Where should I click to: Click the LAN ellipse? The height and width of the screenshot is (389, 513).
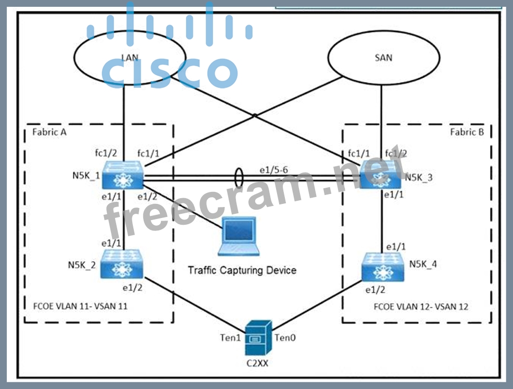pyautogui.click(x=130, y=58)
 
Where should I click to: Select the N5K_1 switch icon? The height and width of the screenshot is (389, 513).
pyautogui.click(x=123, y=175)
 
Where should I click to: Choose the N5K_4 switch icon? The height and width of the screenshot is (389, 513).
pyautogui.click(x=383, y=267)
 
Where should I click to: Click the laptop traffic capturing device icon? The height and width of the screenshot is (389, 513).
pyautogui.click(x=237, y=237)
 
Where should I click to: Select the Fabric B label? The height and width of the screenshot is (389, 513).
pyautogui.click(x=467, y=132)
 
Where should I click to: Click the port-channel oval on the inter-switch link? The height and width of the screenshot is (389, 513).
pyautogui.click(x=239, y=177)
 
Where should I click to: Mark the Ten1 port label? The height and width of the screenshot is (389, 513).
pyautogui.click(x=229, y=338)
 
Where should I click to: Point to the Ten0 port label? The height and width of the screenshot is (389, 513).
pyautogui.click(x=285, y=338)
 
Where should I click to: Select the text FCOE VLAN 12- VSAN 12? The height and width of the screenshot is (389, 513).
pyautogui.click(x=420, y=306)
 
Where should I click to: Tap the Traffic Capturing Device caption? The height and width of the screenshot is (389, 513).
pyautogui.click(x=242, y=270)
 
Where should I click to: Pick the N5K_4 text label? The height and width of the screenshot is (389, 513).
pyautogui.click(x=423, y=264)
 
